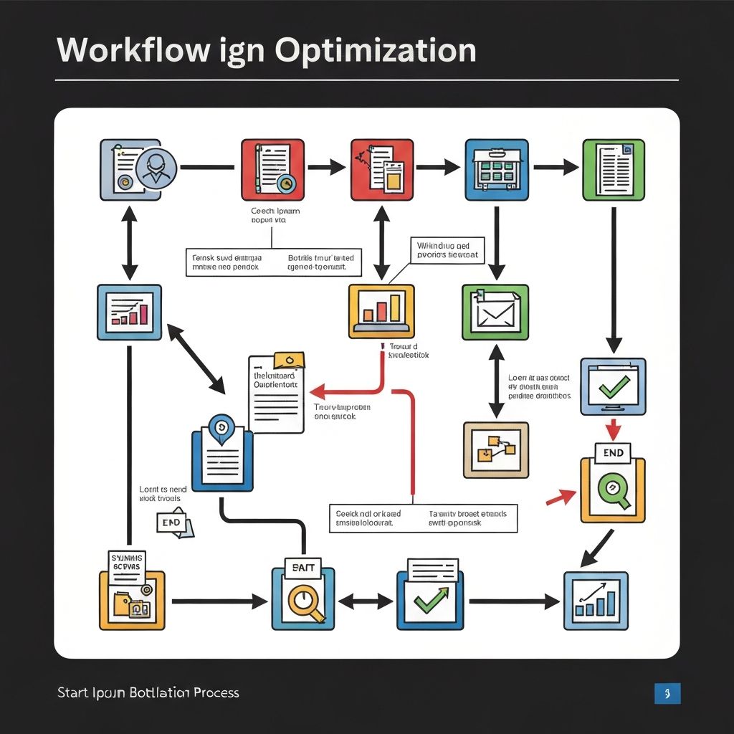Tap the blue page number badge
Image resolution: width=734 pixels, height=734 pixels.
tap(667, 693)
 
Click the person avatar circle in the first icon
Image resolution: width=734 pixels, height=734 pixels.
tap(156, 170)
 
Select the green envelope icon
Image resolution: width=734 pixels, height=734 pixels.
tap(495, 312)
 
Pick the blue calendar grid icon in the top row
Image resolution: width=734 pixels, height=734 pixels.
tap(496, 170)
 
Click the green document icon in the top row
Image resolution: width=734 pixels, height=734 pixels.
tap(614, 170)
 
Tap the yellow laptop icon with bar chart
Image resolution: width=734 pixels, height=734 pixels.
tap(381, 310)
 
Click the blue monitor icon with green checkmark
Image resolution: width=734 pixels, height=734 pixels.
tap(612, 386)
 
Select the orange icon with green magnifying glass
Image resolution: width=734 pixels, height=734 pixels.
tap(612, 490)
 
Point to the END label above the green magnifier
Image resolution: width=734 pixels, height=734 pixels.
tap(613, 453)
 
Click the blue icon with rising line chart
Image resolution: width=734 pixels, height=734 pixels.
tap(596, 601)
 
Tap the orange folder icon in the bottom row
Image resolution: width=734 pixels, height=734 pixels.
tap(132, 601)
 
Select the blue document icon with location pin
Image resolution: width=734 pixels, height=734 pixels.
tap(222, 459)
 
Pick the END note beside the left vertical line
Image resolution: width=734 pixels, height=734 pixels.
tap(173, 523)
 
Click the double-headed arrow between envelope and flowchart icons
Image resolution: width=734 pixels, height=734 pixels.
tap(495, 381)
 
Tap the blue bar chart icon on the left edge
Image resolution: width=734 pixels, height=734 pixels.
tap(129, 312)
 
